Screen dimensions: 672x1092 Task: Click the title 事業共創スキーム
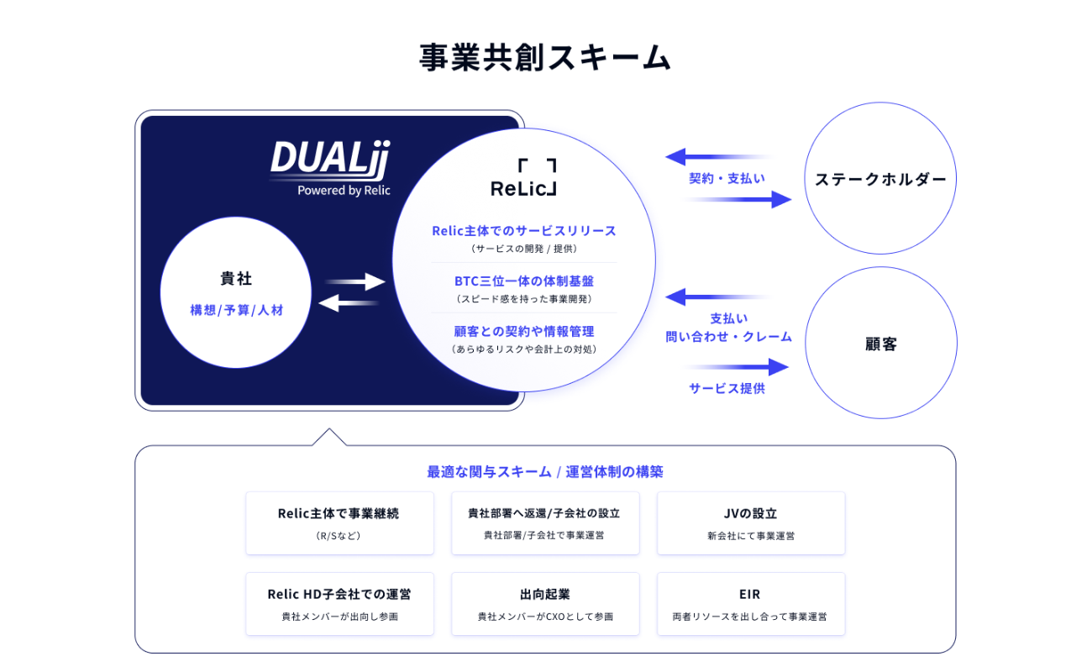coord(545,57)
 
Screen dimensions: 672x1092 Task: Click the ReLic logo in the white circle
coord(523,177)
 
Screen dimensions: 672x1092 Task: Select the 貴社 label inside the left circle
coord(236,279)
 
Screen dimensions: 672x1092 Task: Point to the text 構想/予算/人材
coord(236,310)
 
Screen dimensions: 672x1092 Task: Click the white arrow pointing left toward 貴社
coord(348,302)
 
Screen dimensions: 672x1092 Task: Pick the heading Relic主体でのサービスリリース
coord(523,230)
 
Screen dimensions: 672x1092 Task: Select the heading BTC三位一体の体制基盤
coord(523,281)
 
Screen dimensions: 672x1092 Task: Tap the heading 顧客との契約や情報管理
coord(523,331)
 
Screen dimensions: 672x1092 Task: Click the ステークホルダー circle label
coord(880,179)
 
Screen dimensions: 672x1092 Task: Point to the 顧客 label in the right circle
coord(880,344)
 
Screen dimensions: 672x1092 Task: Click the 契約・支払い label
coord(727,178)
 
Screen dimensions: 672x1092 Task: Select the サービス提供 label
coord(727,388)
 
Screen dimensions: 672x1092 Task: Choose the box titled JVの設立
coord(750,513)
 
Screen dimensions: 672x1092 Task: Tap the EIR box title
coord(750,594)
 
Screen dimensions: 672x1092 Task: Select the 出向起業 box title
coord(544,594)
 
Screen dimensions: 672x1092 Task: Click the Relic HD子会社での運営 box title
coord(339,594)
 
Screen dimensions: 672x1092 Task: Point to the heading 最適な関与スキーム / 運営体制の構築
coord(544,471)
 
